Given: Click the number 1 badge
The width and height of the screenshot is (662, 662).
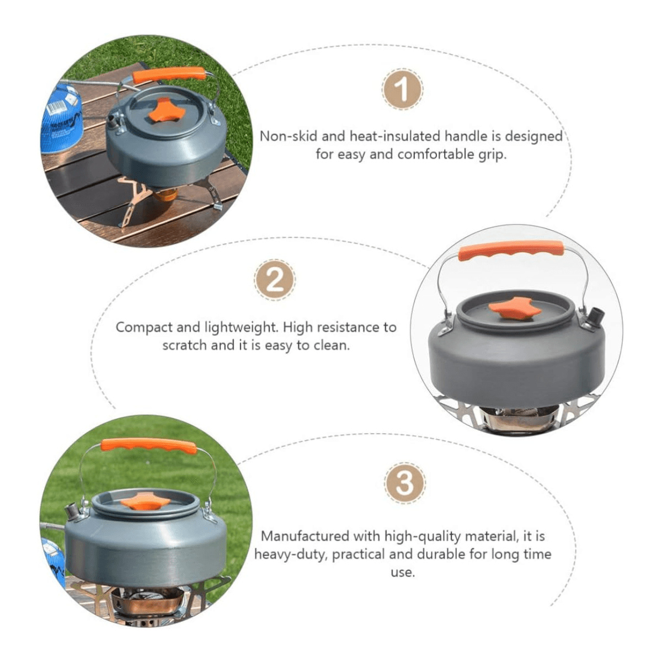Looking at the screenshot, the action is point(402,90).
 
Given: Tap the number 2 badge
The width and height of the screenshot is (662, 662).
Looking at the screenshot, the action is point(275,280).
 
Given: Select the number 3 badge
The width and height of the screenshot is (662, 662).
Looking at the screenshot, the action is point(405,483).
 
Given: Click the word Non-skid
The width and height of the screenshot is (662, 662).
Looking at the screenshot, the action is point(288,136).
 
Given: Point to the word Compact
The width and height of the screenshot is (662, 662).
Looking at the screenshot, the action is point(143,328).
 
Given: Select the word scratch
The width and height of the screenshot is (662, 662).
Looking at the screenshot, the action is point(184,345).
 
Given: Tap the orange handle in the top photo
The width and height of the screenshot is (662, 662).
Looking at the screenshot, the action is point(169,75).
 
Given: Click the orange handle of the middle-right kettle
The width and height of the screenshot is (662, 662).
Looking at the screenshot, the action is point(511,251).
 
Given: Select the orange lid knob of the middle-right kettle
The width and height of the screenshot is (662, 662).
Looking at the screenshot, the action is point(516,307).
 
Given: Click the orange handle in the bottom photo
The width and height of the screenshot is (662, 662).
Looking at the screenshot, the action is point(149,446).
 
